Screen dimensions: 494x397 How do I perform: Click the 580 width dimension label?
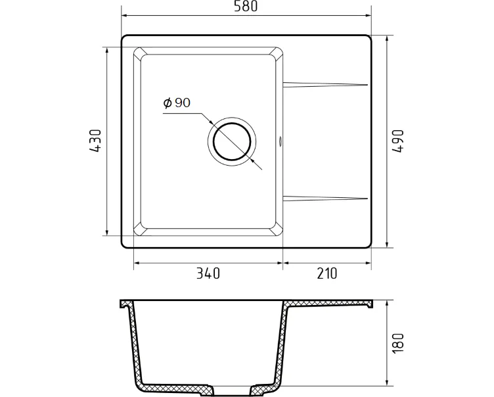[246, 6]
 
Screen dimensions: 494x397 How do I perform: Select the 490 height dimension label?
[397, 141]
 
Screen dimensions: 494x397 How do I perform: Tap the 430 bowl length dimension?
[95, 141]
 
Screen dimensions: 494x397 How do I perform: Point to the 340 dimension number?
[208, 273]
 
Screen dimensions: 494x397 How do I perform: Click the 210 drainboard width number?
[327, 273]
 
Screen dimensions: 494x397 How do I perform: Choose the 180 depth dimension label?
[397, 343]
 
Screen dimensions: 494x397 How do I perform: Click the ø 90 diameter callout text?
[177, 103]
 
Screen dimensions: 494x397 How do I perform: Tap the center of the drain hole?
[232, 141]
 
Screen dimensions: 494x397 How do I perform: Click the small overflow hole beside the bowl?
[280, 141]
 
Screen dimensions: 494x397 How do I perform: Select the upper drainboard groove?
[325, 85]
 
